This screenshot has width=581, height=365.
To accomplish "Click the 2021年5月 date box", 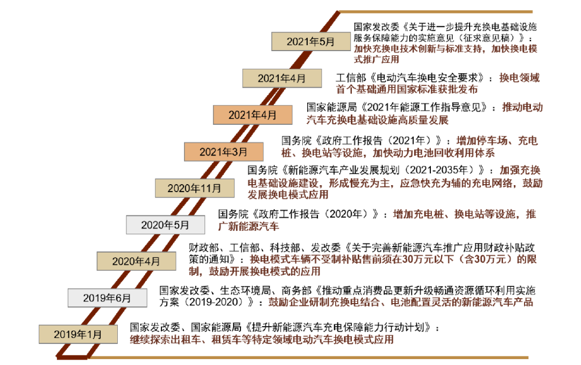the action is click(x=311, y=41).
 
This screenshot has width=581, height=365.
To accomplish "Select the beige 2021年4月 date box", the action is click(x=282, y=78).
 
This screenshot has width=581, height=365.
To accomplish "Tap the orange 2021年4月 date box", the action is click(x=253, y=115).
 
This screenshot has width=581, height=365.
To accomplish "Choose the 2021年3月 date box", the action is click(x=224, y=152).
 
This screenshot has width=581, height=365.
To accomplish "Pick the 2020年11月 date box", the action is click(x=195, y=188).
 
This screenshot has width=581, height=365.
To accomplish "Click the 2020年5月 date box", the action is click(x=165, y=225).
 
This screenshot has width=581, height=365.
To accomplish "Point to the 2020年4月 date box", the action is click(x=136, y=261).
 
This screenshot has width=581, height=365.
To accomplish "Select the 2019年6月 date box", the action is click(x=108, y=298).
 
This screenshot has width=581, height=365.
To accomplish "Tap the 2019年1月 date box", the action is click(x=78, y=334).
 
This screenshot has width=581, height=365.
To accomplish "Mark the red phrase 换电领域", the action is click(x=520, y=78).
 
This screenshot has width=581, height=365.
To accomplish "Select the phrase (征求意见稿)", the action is click(x=488, y=38).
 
